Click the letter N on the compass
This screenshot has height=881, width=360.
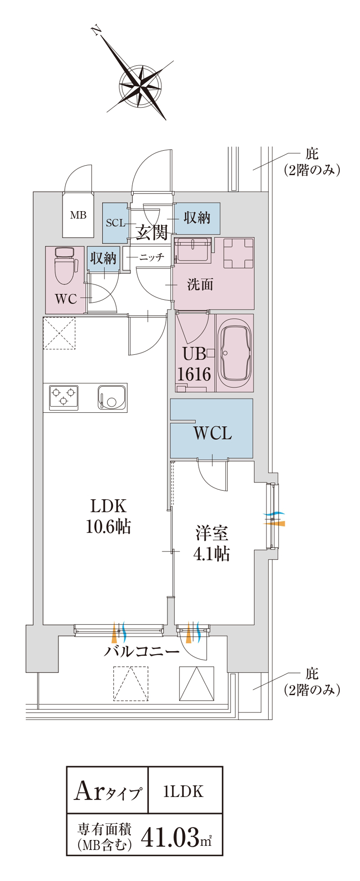pyautogui.click(x=95, y=31)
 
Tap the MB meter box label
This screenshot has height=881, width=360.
pyautogui.click(x=78, y=215)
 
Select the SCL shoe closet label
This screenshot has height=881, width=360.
pyautogui.click(x=116, y=223)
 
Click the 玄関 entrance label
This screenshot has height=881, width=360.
pyautogui.click(x=152, y=232)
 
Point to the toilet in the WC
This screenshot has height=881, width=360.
pyautogui.click(x=64, y=266)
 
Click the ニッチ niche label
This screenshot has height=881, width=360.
pyautogui.click(x=152, y=257)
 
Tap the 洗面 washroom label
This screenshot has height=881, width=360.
pyautogui.click(x=200, y=285)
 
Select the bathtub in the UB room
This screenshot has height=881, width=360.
pyautogui.click(x=235, y=352)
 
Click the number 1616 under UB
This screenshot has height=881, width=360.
pyautogui.click(x=194, y=374)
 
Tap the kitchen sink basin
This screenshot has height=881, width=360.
pyautogui.click(x=112, y=398)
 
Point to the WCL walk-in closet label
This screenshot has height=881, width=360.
pyautogui.click(x=212, y=433)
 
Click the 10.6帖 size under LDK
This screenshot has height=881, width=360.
pyautogui.click(x=108, y=526)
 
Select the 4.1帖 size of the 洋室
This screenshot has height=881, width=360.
pyautogui.click(x=211, y=553)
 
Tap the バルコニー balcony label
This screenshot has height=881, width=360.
pyautogui.click(x=142, y=651)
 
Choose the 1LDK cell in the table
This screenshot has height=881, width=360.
pyautogui.click(x=185, y=791)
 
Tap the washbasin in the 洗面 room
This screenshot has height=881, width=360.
pyautogui.click(x=193, y=250)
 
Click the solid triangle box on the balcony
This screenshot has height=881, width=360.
pyautogui.click(x=197, y=683)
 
